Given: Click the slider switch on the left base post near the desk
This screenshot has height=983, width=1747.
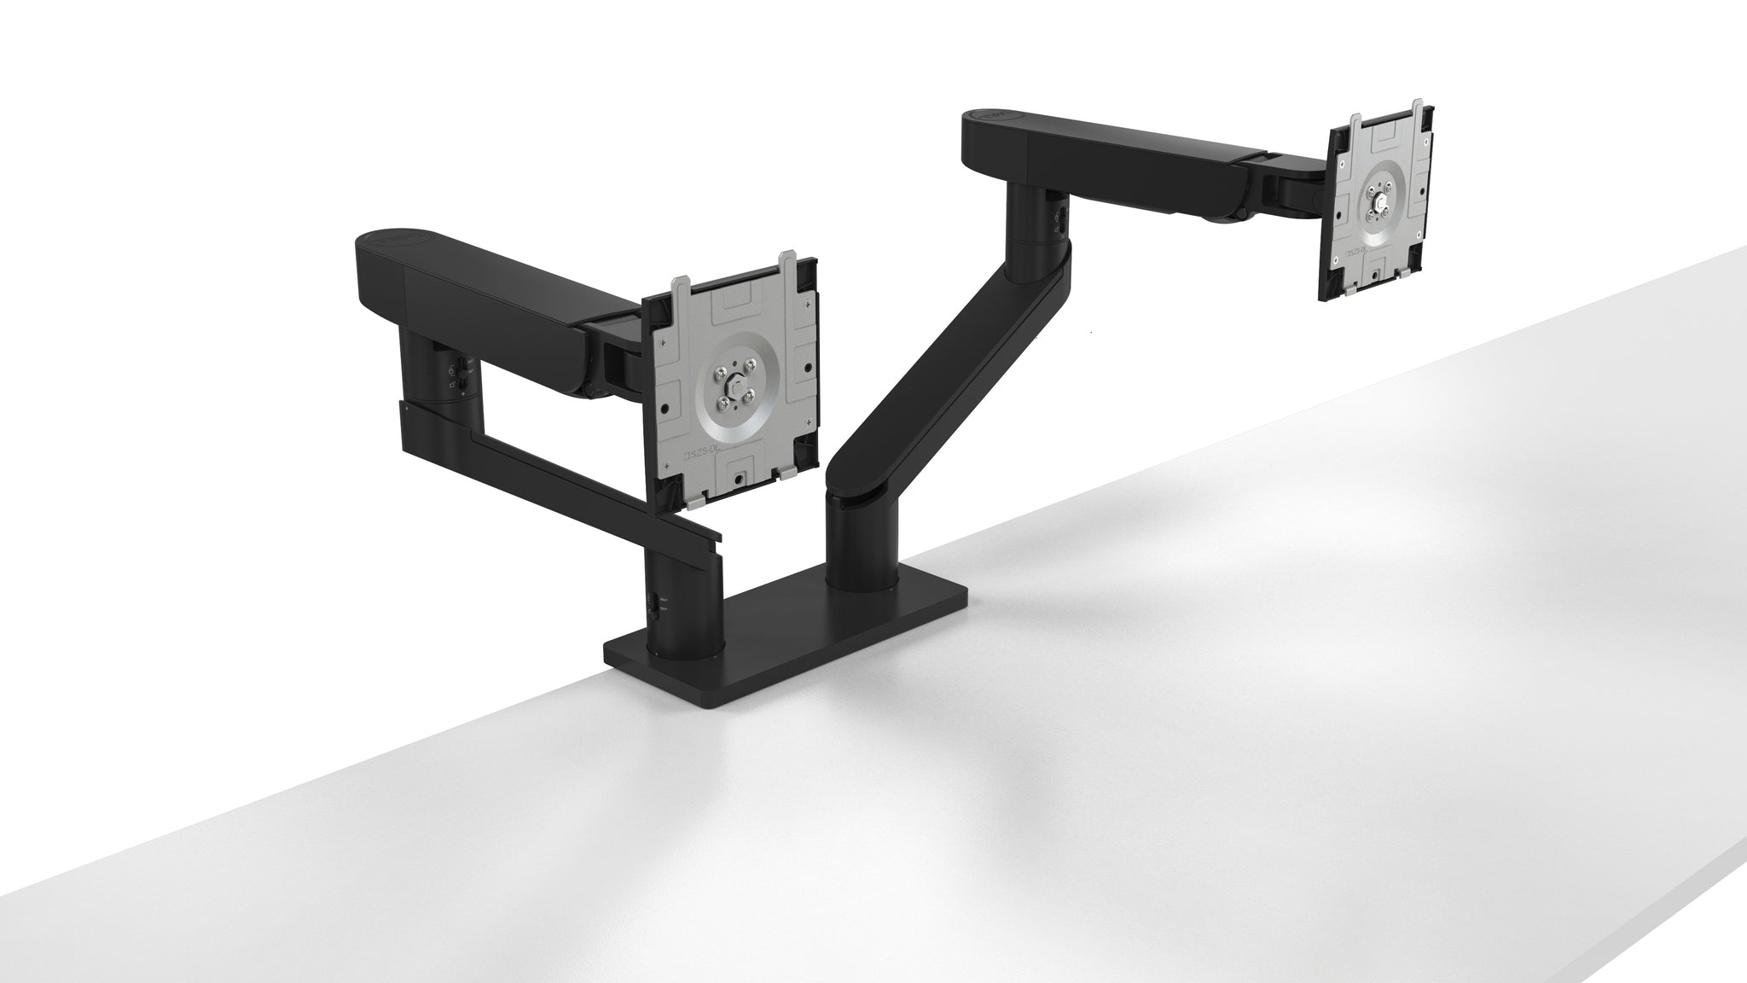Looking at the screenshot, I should pos(653,602).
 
